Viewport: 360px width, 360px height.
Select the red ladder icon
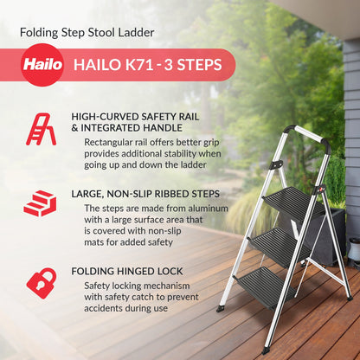tap(41, 127)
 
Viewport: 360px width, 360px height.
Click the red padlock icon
tap(41, 281)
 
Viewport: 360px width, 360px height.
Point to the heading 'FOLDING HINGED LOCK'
tap(132, 271)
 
